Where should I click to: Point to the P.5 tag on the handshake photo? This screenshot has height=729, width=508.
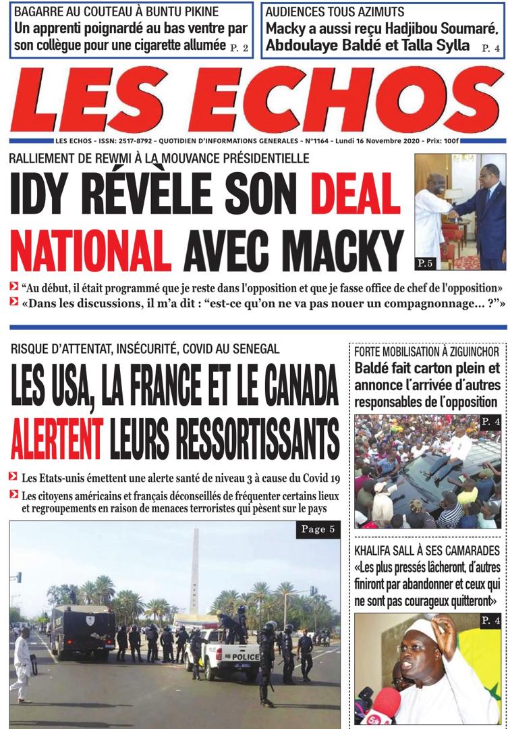pyautogui.click(x=426, y=261)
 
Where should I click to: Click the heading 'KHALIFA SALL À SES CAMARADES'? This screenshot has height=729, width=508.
pyautogui.click(x=426, y=550)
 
